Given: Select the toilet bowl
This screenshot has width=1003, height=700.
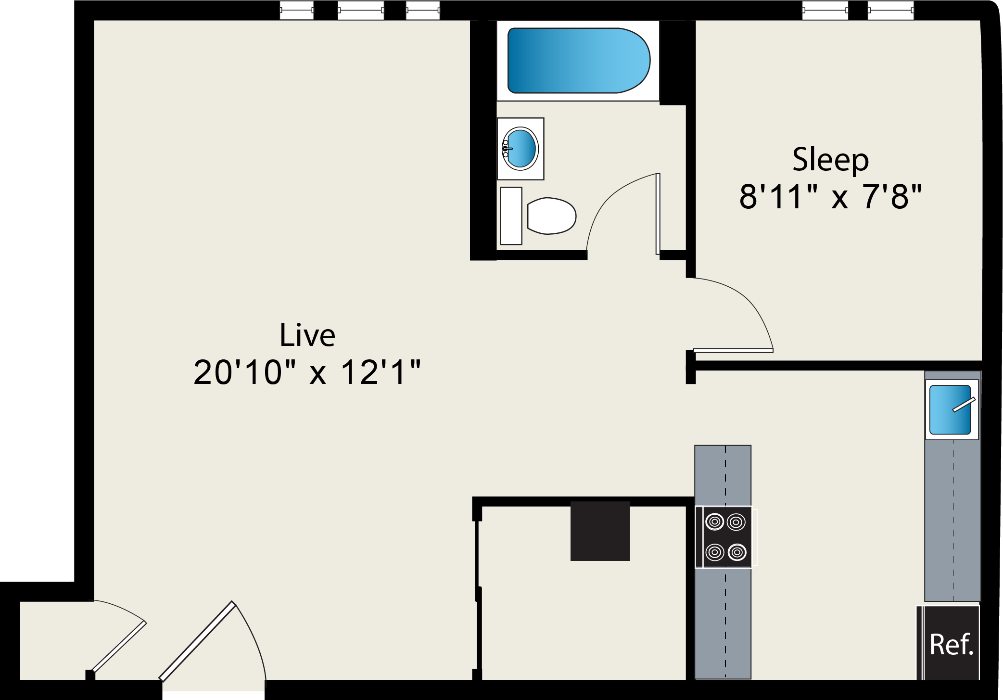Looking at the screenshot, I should (552, 216).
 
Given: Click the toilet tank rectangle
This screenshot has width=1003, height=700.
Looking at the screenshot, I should (511, 216).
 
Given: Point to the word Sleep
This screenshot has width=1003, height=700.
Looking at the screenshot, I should (830, 160).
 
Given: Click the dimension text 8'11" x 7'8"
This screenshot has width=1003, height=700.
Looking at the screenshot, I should (830, 196).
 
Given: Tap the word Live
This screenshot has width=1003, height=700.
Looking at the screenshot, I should (307, 335).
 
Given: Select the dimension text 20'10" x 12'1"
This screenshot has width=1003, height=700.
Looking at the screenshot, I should (307, 372).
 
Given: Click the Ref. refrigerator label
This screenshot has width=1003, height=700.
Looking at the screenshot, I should (951, 645).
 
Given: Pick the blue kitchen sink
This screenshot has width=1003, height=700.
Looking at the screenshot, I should (950, 410).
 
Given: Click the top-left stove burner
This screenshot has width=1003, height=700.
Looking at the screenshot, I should (715, 522).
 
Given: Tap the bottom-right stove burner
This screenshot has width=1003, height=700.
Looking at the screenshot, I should (737, 552).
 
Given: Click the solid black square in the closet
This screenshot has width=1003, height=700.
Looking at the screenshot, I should (600, 531).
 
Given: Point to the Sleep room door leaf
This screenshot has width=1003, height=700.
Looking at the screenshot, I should (733, 350).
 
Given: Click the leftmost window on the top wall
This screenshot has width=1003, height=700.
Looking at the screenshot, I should (297, 10).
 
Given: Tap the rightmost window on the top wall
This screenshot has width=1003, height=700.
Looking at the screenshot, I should (890, 10).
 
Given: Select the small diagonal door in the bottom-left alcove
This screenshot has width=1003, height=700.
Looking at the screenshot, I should (119, 647).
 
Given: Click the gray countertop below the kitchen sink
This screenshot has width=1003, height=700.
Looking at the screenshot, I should (952, 520).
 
